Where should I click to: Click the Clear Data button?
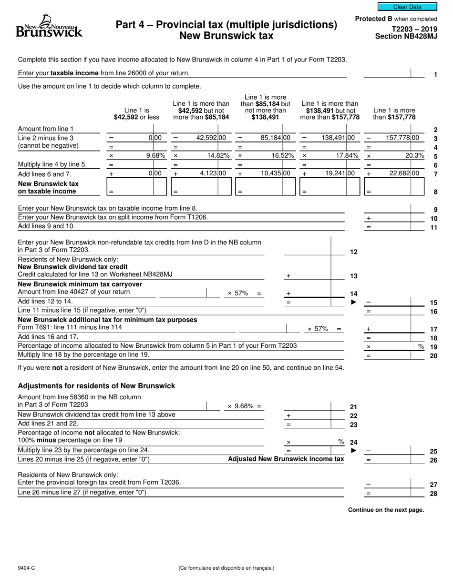point(407,7)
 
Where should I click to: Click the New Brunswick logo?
point(49,27)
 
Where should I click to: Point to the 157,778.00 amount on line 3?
point(402,138)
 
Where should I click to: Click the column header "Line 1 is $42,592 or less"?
point(136,113)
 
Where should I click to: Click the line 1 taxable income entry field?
point(387,73)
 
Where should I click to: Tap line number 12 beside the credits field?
point(354,252)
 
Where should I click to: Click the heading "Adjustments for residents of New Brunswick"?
point(96,386)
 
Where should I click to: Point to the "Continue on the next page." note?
point(386,510)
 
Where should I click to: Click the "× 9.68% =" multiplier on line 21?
point(245,406)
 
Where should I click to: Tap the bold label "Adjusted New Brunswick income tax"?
point(286,459)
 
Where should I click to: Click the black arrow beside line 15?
point(353,302)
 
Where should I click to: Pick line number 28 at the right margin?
point(433,494)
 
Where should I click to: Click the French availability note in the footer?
point(226,568)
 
